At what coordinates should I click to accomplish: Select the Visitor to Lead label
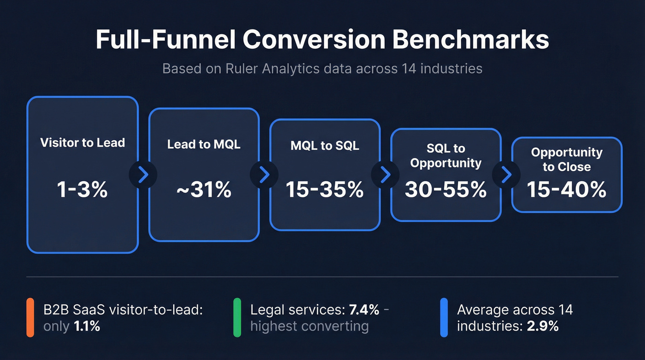tap(82, 142)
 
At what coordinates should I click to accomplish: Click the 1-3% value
tap(82, 189)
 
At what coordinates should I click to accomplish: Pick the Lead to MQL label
tap(204, 144)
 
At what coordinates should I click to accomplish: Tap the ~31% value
tap(204, 189)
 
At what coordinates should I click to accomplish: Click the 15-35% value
tap(325, 189)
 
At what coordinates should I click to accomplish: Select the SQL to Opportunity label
tap(446, 156)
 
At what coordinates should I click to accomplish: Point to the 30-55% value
tap(446, 189)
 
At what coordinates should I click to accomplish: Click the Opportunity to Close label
tap(567, 159)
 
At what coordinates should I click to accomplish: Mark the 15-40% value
tap(567, 189)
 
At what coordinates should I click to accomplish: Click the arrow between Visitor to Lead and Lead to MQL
tap(143, 175)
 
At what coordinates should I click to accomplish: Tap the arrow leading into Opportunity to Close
tap(506, 175)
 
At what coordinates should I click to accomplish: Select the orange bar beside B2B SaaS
tap(30, 318)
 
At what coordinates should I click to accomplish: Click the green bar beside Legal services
tap(237, 318)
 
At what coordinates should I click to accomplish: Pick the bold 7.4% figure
tap(364, 310)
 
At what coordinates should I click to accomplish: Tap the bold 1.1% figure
tap(87, 326)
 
